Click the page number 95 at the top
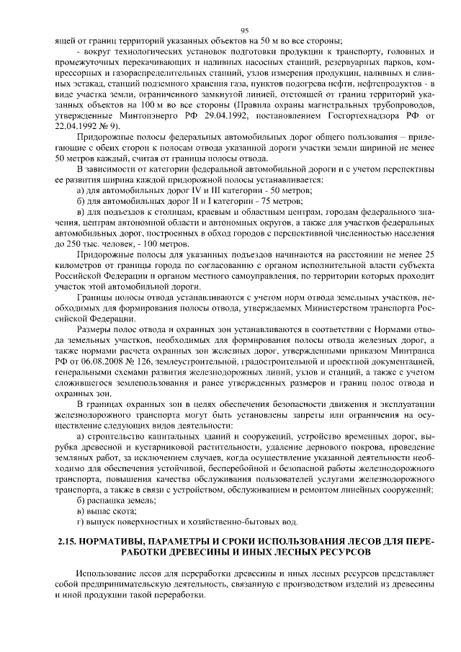point(244,30)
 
